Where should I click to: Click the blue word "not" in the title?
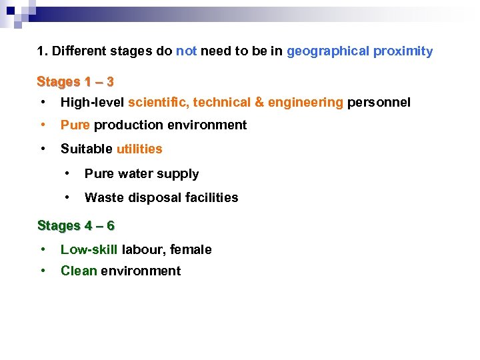[186, 51]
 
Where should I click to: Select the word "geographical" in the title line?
[328, 51]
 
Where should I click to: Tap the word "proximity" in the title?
[403, 51]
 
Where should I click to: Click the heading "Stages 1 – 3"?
[75, 82]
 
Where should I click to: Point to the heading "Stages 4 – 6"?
[76, 225]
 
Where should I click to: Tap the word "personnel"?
[379, 102]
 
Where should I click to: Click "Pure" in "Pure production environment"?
[75, 125]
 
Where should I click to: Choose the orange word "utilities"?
[139, 149]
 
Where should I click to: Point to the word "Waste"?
[101, 197]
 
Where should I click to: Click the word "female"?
[191, 249]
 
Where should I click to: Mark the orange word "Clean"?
[79, 271]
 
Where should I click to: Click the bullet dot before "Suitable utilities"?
[43, 148]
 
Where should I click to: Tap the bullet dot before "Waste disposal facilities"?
[67, 197]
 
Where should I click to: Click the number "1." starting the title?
[42, 51]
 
